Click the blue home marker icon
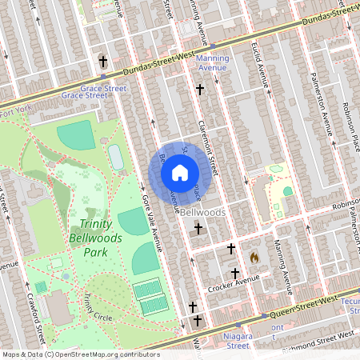pyautogui.click(x=179, y=173)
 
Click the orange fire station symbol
pyautogui.click(x=254, y=258)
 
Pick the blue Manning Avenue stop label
pyautogui.click(x=212, y=63)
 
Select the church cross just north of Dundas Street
pyautogui.click(x=102, y=61)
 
